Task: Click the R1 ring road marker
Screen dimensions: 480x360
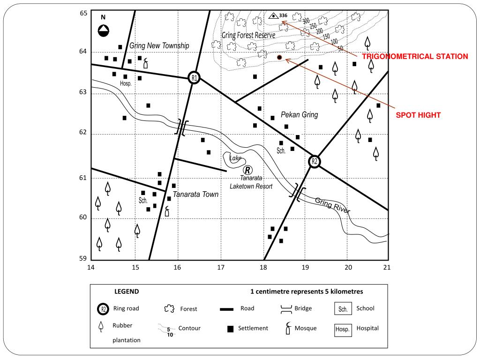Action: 194,78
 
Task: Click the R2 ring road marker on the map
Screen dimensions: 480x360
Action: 314,162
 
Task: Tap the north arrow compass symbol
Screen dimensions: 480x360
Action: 104,30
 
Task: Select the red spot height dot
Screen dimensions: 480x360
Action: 279,57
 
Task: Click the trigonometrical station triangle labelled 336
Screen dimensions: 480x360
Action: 273,15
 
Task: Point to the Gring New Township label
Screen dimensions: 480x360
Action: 159,45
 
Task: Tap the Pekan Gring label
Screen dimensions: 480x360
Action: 300,114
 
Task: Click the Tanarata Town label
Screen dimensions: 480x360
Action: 195,194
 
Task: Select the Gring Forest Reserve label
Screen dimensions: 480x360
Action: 248,35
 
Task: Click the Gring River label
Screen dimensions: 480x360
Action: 332,205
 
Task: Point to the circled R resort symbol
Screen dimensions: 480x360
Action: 247,170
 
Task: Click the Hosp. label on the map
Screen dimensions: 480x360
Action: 126,83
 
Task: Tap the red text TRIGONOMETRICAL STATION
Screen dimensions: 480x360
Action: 415,56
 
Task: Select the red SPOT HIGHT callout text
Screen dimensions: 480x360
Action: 418,115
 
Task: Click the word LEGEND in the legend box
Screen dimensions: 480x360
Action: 127,292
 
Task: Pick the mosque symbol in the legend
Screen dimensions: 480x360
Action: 288,328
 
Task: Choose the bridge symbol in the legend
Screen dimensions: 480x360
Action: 286,309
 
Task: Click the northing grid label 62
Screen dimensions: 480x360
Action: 83,132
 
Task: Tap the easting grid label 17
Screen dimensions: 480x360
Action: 221,268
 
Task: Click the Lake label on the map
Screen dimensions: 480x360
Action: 235,158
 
